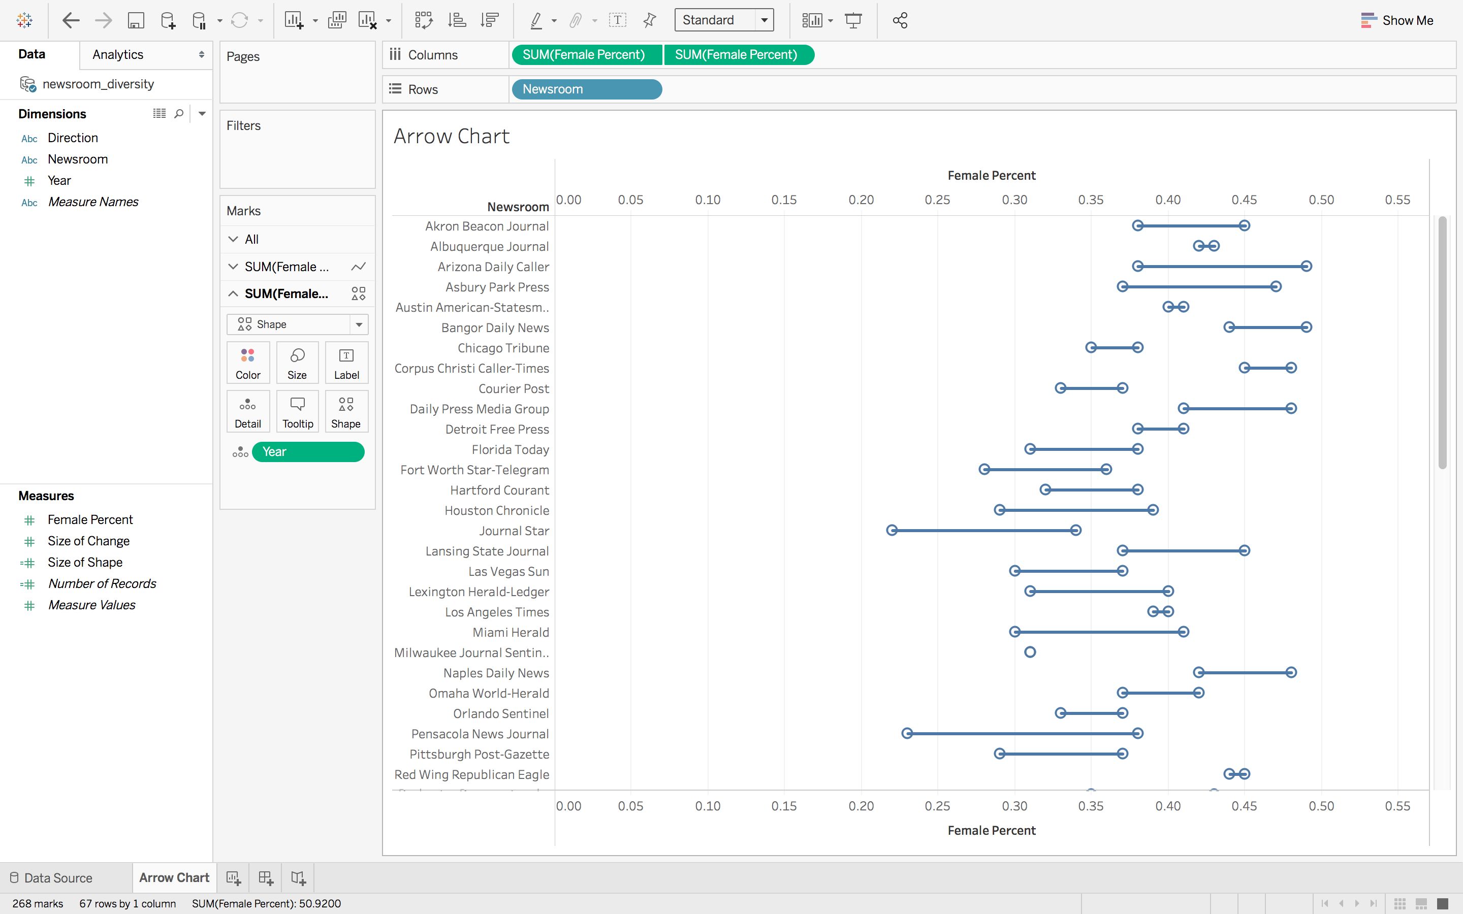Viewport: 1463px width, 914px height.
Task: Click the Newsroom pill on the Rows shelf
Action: (586, 89)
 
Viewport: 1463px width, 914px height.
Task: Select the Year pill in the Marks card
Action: (308, 451)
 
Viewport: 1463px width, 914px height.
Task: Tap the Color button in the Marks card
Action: (248, 363)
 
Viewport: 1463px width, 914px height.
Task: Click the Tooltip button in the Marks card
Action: (298, 412)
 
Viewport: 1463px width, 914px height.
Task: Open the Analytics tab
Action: (118, 54)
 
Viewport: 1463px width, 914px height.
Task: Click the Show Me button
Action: (1396, 20)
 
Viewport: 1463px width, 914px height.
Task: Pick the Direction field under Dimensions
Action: (73, 138)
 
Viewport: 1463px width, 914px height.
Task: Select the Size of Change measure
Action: (88, 541)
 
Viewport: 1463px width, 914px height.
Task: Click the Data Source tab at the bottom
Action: (58, 878)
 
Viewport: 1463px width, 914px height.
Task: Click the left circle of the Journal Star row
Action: (892, 530)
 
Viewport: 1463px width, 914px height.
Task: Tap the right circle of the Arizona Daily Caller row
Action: (1307, 266)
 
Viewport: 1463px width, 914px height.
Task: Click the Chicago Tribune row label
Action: (503, 348)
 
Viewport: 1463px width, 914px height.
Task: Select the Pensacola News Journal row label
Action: (480, 734)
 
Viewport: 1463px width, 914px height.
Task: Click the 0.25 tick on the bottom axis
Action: (937, 806)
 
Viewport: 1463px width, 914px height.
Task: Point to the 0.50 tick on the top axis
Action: (1321, 200)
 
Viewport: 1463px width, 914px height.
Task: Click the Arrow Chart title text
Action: (452, 137)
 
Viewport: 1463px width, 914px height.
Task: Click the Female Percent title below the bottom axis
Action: (992, 831)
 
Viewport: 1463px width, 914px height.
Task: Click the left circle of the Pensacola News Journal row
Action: (907, 733)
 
